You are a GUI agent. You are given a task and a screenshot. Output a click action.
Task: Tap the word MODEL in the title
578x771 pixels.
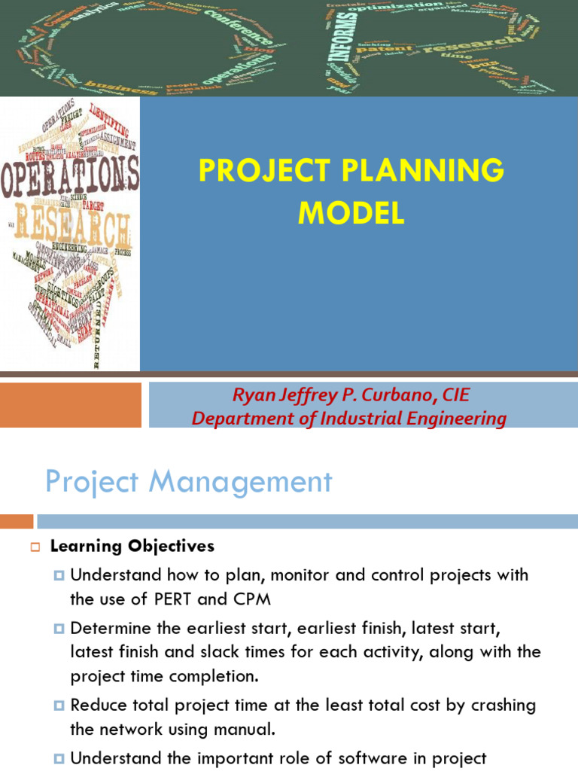point(351,214)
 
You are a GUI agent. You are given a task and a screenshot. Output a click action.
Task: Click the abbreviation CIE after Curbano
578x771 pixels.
point(454,394)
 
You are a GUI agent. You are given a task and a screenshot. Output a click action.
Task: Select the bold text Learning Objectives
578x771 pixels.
point(132,546)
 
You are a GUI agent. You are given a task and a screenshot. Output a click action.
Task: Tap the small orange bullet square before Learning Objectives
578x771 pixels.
point(35,547)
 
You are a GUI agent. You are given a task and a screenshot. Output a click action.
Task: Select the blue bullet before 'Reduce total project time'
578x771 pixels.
point(60,706)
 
